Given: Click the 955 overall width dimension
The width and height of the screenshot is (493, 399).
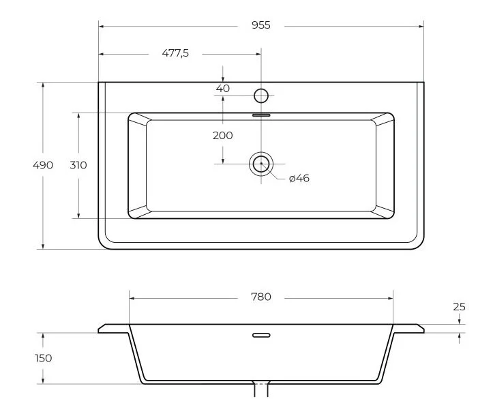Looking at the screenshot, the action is click(261, 25).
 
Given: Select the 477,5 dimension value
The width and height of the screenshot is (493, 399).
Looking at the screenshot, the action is click(175, 53).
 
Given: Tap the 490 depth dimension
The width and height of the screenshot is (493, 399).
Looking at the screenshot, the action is click(43, 165).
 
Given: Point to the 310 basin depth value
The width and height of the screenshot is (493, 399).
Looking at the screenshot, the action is click(78, 165).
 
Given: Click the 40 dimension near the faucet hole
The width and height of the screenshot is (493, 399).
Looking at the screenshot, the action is click(223, 89).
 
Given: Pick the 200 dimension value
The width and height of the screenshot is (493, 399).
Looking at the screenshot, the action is click(222, 136).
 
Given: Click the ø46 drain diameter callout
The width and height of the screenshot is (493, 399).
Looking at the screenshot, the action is click(299, 178).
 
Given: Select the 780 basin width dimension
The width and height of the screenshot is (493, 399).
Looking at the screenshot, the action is click(261, 297).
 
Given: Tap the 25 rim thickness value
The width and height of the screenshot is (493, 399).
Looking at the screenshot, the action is click(459, 306).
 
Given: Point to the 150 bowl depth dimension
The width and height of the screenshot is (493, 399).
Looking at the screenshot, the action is click(44, 358).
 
